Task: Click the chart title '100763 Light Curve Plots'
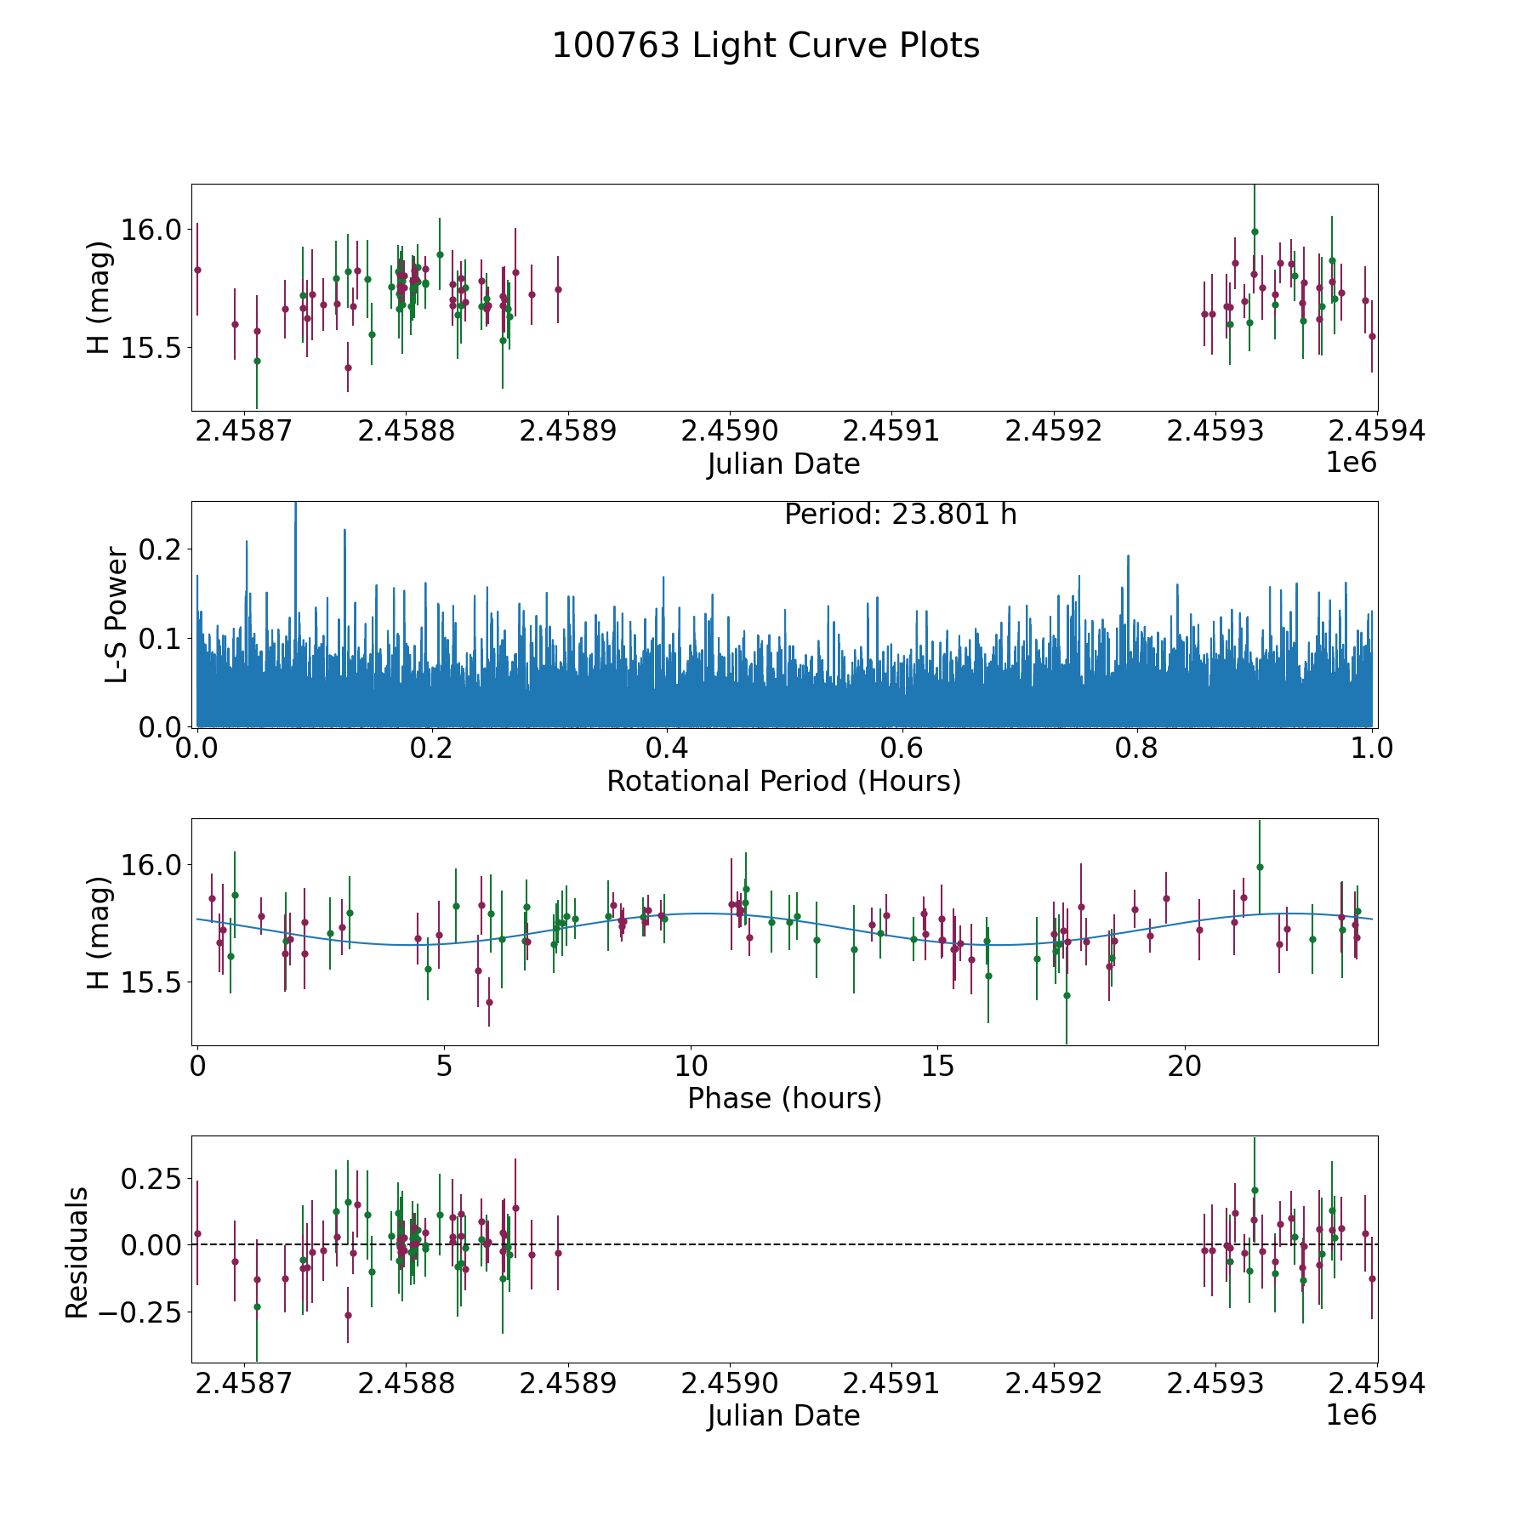[x=765, y=46]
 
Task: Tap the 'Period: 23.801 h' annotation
[x=900, y=515]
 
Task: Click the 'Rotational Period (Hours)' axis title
[x=783, y=781]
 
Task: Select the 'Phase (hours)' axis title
[x=783, y=1098]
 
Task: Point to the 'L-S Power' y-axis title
[x=117, y=614]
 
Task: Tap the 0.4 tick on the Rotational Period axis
[x=666, y=748]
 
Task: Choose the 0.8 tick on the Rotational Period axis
[x=1136, y=748]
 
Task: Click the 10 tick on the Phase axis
[x=691, y=1066]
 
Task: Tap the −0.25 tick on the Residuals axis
[x=140, y=1312]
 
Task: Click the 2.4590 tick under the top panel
[x=730, y=431]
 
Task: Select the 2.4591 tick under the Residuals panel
[x=892, y=1384]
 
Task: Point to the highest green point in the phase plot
[x=1260, y=867]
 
